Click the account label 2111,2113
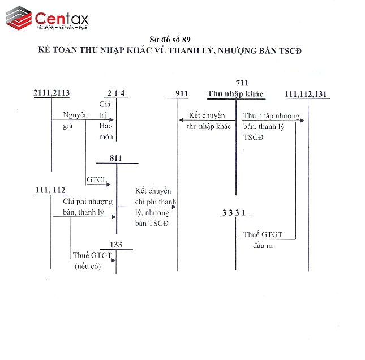[51, 93]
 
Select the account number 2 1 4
[115, 93]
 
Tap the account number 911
[182, 93]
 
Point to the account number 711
[242, 83]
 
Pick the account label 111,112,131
[306, 93]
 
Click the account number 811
[116, 158]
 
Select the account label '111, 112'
[50, 190]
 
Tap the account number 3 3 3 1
[234, 212]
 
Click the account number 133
[115, 245]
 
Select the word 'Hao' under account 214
[106, 126]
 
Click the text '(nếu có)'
[87, 266]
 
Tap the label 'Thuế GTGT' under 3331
[263, 234]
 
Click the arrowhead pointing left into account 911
[182, 119]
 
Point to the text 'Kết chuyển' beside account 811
[153, 191]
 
